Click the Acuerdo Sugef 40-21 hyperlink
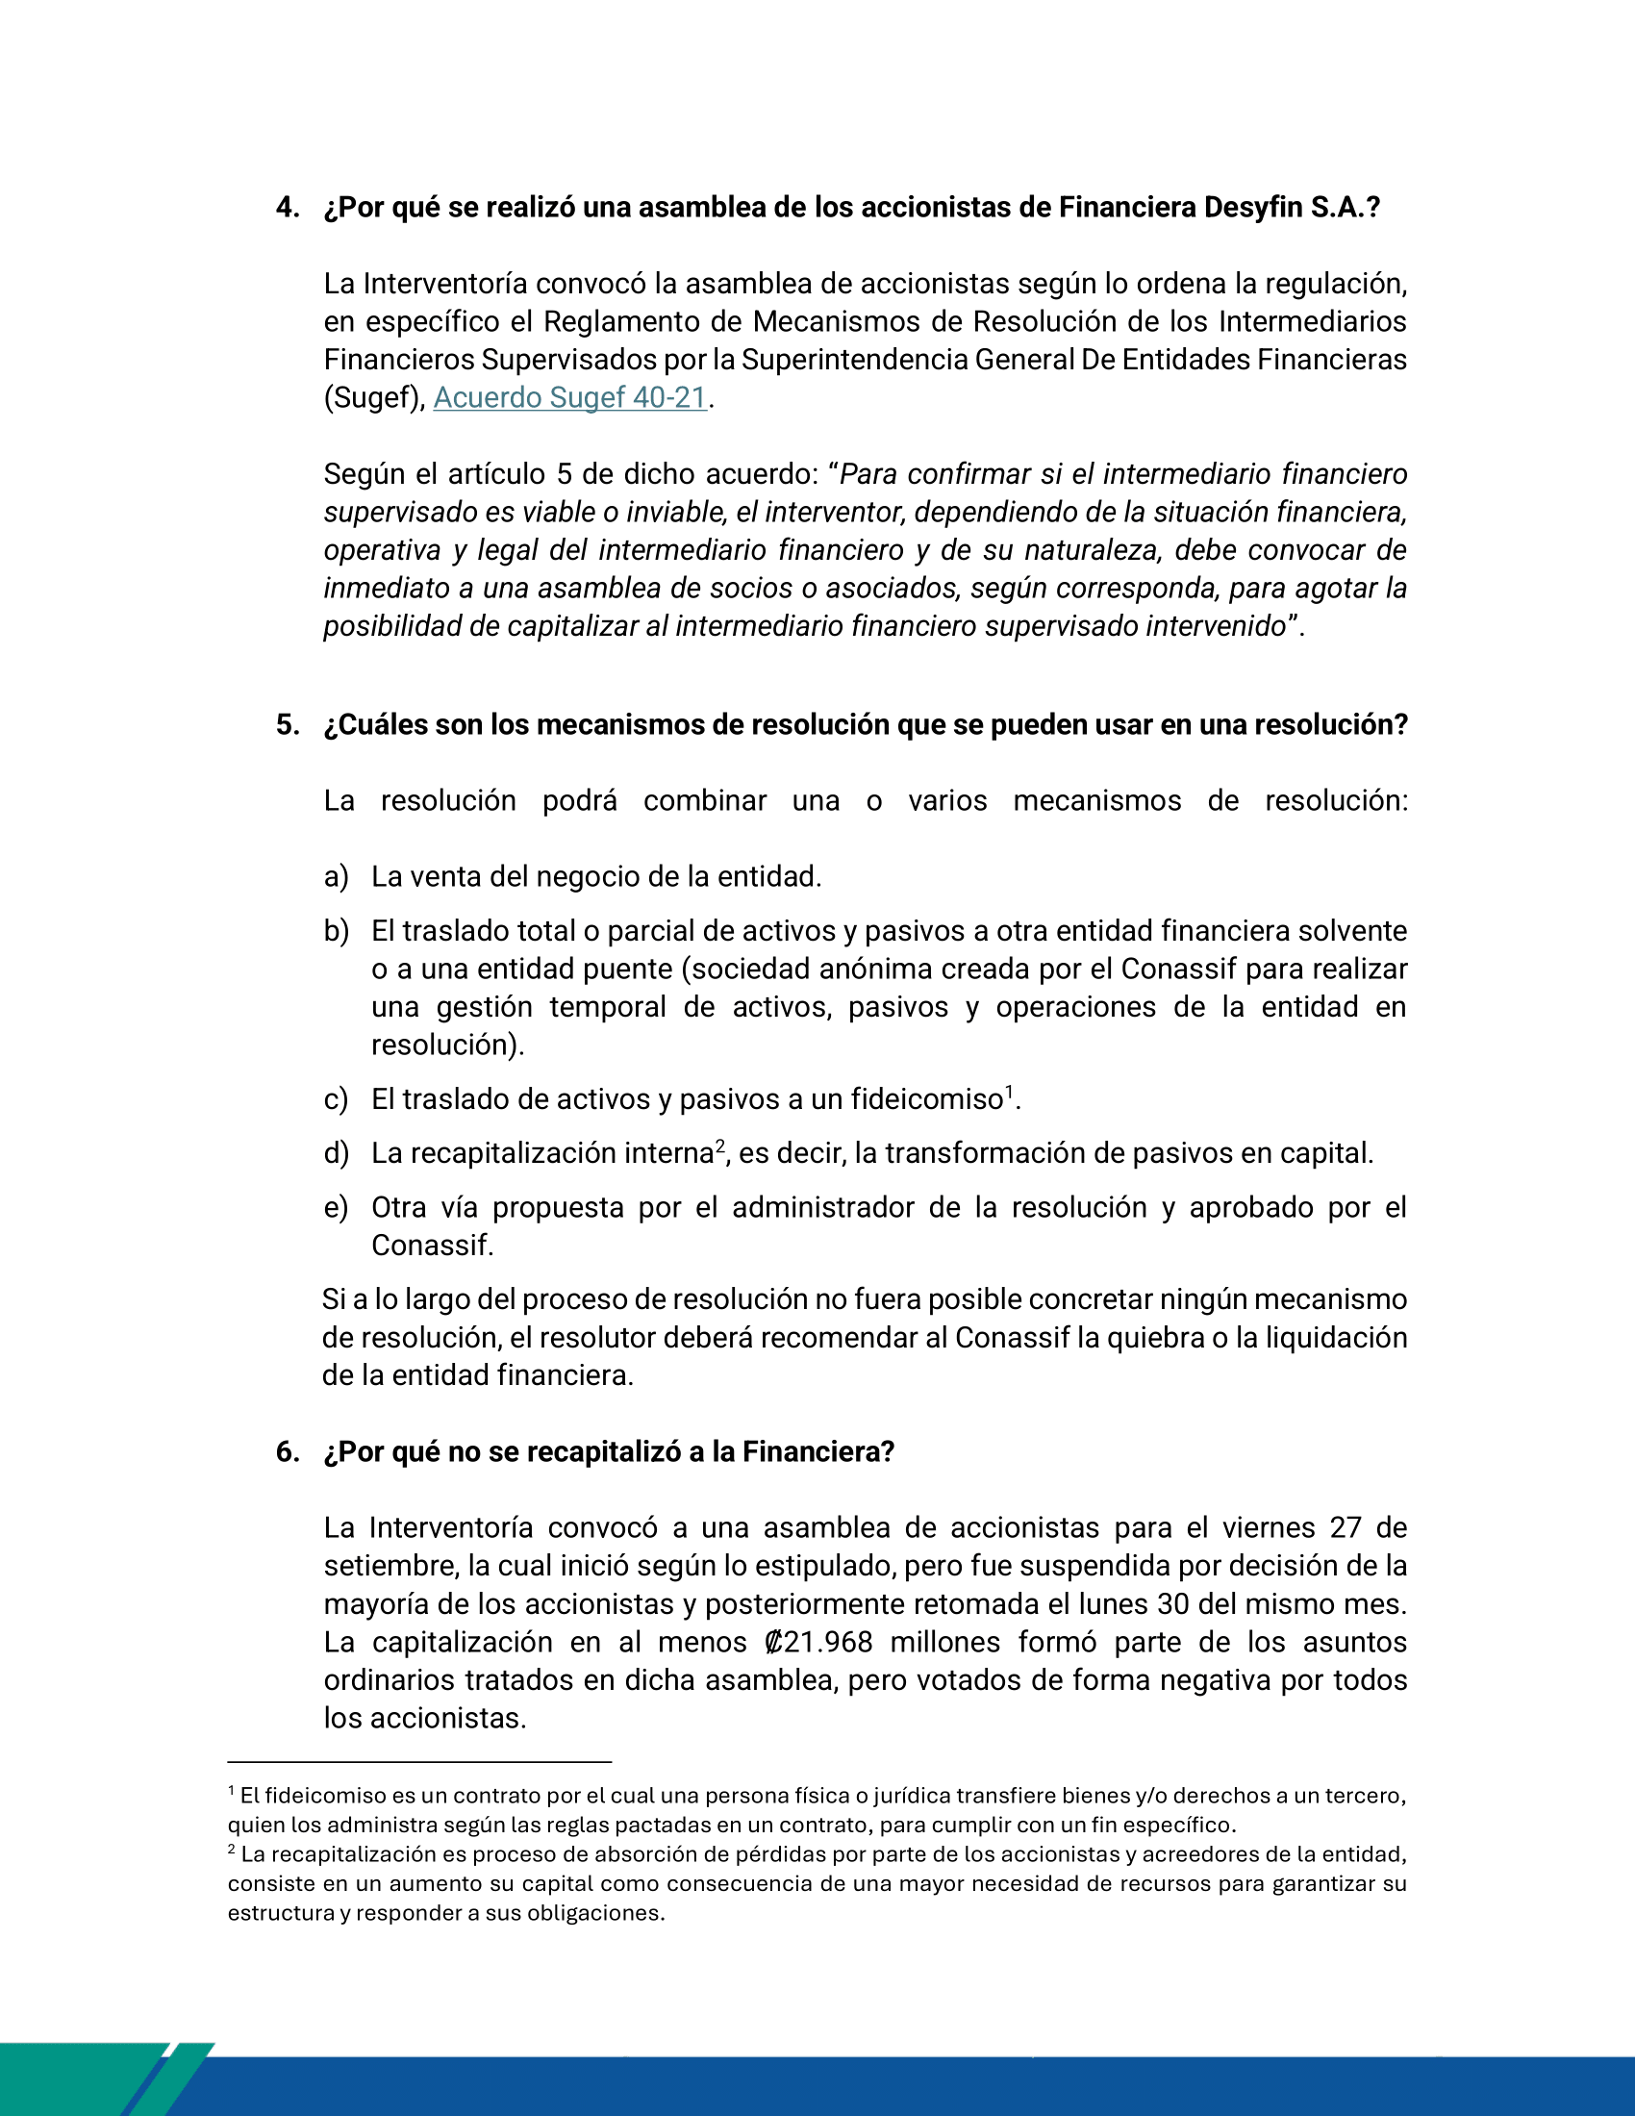(569, 398)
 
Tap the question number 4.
(287, 208)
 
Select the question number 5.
(287, 724)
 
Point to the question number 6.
(287, 1451)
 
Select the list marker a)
(335, 877)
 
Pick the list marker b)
(335, 931)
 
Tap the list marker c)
(335, 1099)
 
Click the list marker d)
(335, 1154)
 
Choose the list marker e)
(335, 1208)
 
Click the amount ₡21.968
(817, 1642)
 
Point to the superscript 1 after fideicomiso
(1008, 1092)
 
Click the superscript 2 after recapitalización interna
(719, 1146)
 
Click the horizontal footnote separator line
(418, 1761)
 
